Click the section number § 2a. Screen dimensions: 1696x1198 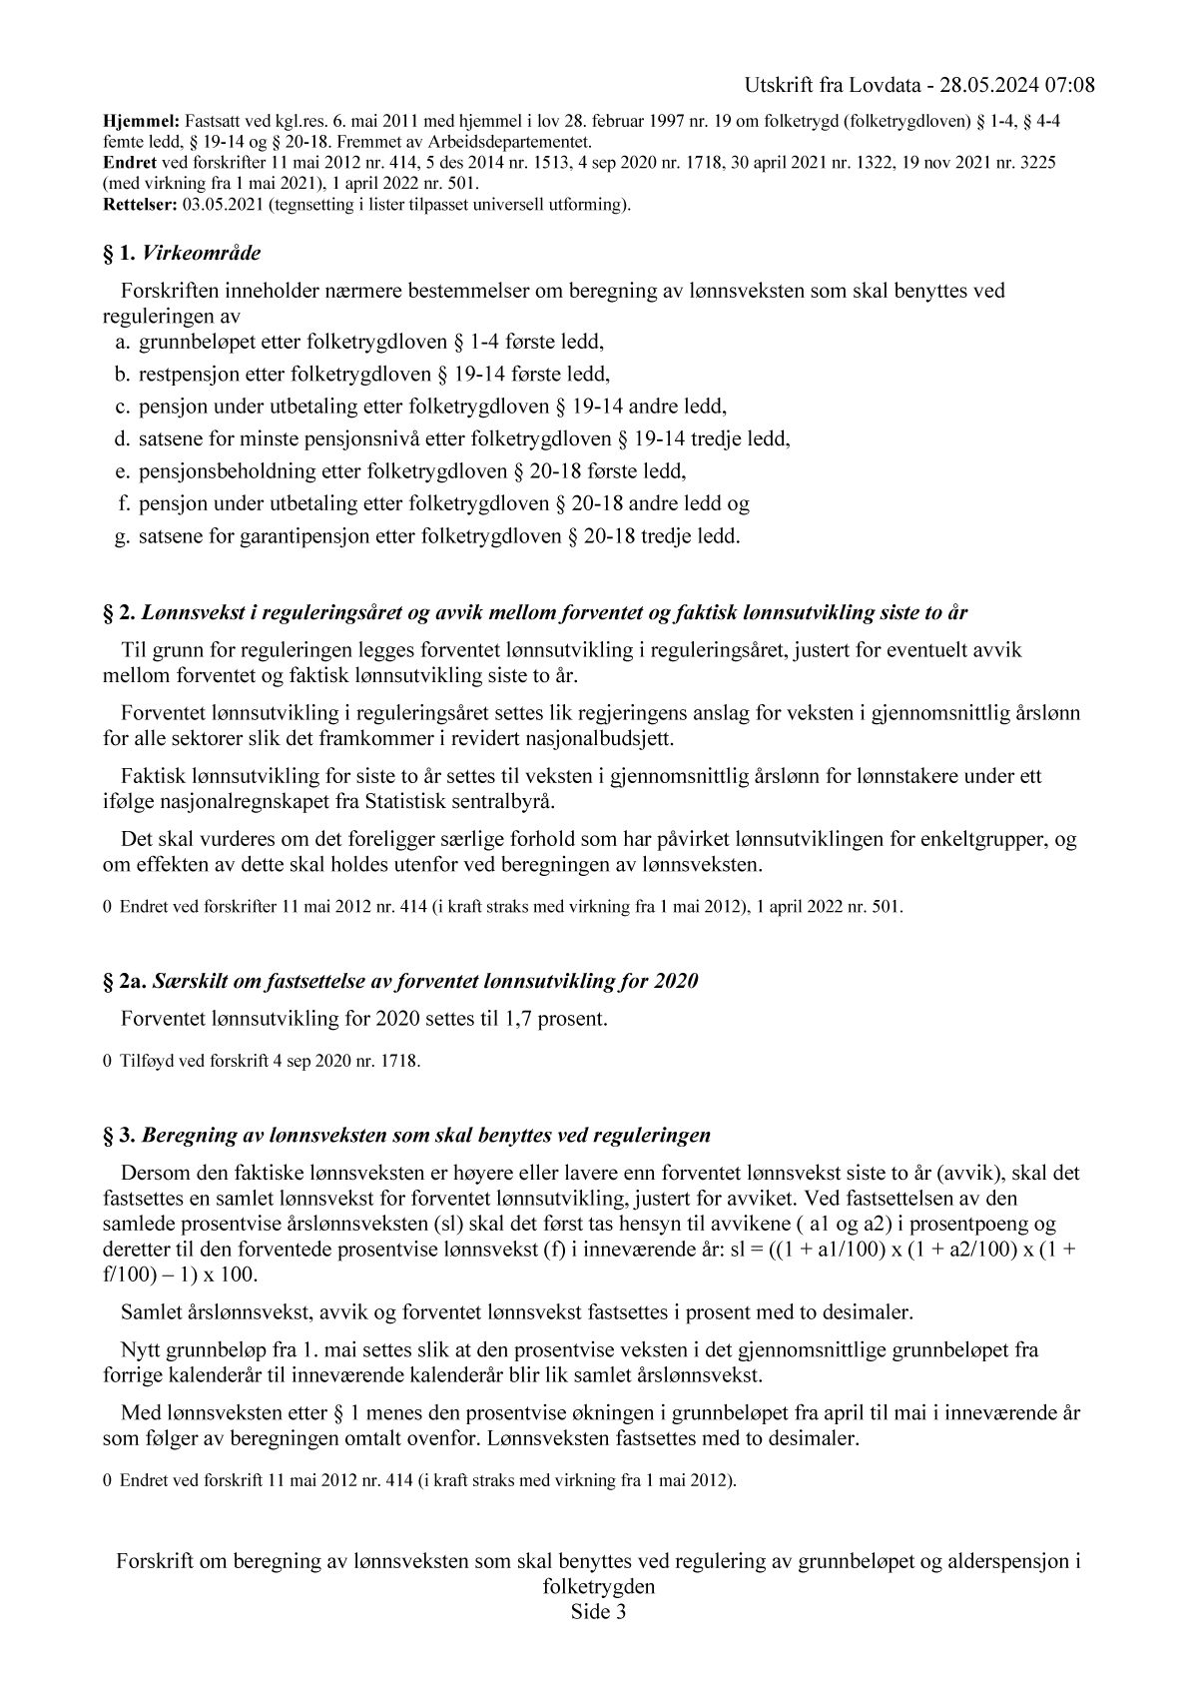(125, 981)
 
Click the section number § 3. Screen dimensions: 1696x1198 (120, 1136)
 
